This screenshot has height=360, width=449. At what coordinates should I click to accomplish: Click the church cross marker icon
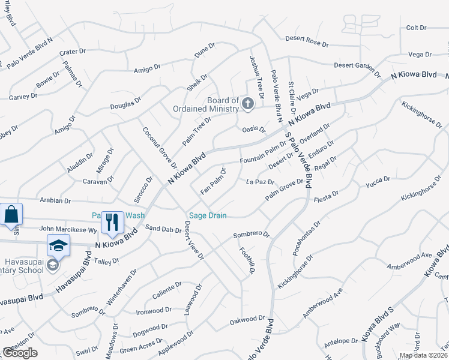(x=247, y=104)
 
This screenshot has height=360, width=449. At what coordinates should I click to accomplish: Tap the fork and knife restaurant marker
(x=112, y=222)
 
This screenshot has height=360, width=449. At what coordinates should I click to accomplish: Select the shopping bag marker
(x=12, y=214)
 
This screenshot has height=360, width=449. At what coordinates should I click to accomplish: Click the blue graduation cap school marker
(x=58, y=245)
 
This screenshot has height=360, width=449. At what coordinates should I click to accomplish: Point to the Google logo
(x=20, y=353)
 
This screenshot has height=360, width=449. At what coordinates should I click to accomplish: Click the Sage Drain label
(x=208, y=215)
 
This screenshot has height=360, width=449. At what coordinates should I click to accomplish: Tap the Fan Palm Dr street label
(x=213, y=182)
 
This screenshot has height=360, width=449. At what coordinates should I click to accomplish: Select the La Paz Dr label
(x=260, y=182)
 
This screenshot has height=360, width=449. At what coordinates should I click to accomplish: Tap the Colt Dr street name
(x=415, y=28)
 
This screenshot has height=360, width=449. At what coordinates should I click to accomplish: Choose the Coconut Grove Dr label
(x=160, y=148)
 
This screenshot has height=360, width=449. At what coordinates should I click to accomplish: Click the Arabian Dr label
(x=55, y=201)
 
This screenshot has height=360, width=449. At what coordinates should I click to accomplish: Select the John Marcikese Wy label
(x=68, y=229)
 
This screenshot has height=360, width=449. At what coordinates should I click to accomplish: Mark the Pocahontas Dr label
(x=307, y=238)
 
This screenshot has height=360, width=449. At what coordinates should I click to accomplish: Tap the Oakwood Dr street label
(x=247, y=321)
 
